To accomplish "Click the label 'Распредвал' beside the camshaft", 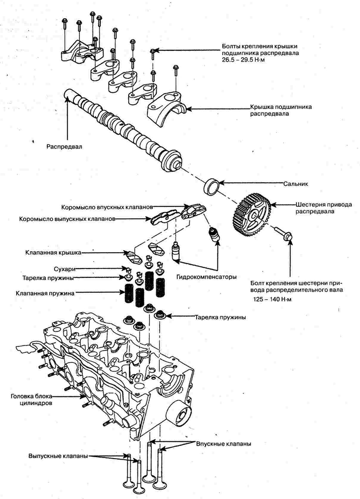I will [x=64, y=147].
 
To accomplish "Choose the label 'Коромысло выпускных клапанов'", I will [x=67, y=218].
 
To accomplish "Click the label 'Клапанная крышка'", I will [x=53, y=252].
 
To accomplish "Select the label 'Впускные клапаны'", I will [x=223, y=444].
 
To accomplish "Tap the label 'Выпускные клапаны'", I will [x=58, y=456].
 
